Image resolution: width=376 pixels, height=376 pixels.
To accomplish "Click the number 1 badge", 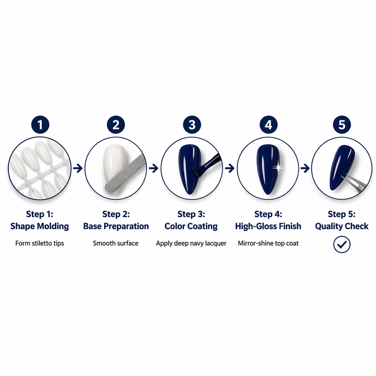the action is pos(40,125).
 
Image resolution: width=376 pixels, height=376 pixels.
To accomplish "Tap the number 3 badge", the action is pos(192,125).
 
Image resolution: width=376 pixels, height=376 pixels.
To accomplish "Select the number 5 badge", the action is pos(342,125).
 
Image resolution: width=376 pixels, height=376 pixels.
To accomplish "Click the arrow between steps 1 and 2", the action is pos(78,168).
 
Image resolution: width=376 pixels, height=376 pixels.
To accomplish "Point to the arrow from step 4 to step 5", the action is pos(305,168).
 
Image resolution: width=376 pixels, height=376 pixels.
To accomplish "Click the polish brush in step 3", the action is pos(207,165).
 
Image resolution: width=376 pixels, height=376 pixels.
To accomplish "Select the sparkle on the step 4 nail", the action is pos(278,168).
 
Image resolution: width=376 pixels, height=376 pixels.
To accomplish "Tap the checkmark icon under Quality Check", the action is pos(342,244).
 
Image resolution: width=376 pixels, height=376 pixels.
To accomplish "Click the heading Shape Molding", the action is pos(40,226).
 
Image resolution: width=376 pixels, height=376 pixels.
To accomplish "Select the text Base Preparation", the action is pos(116,226).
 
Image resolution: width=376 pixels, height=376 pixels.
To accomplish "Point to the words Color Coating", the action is pos(191,226).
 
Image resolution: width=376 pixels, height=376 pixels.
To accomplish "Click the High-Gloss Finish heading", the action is pos(268,226).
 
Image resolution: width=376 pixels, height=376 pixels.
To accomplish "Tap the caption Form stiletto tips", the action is pos(40,243).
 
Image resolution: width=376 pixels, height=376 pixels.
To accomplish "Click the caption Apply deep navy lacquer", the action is pos(191,243).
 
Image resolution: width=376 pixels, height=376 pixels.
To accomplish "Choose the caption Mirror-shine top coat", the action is pos(268,243).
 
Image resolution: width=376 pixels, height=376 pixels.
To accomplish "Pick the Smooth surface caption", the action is pos(116,243).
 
